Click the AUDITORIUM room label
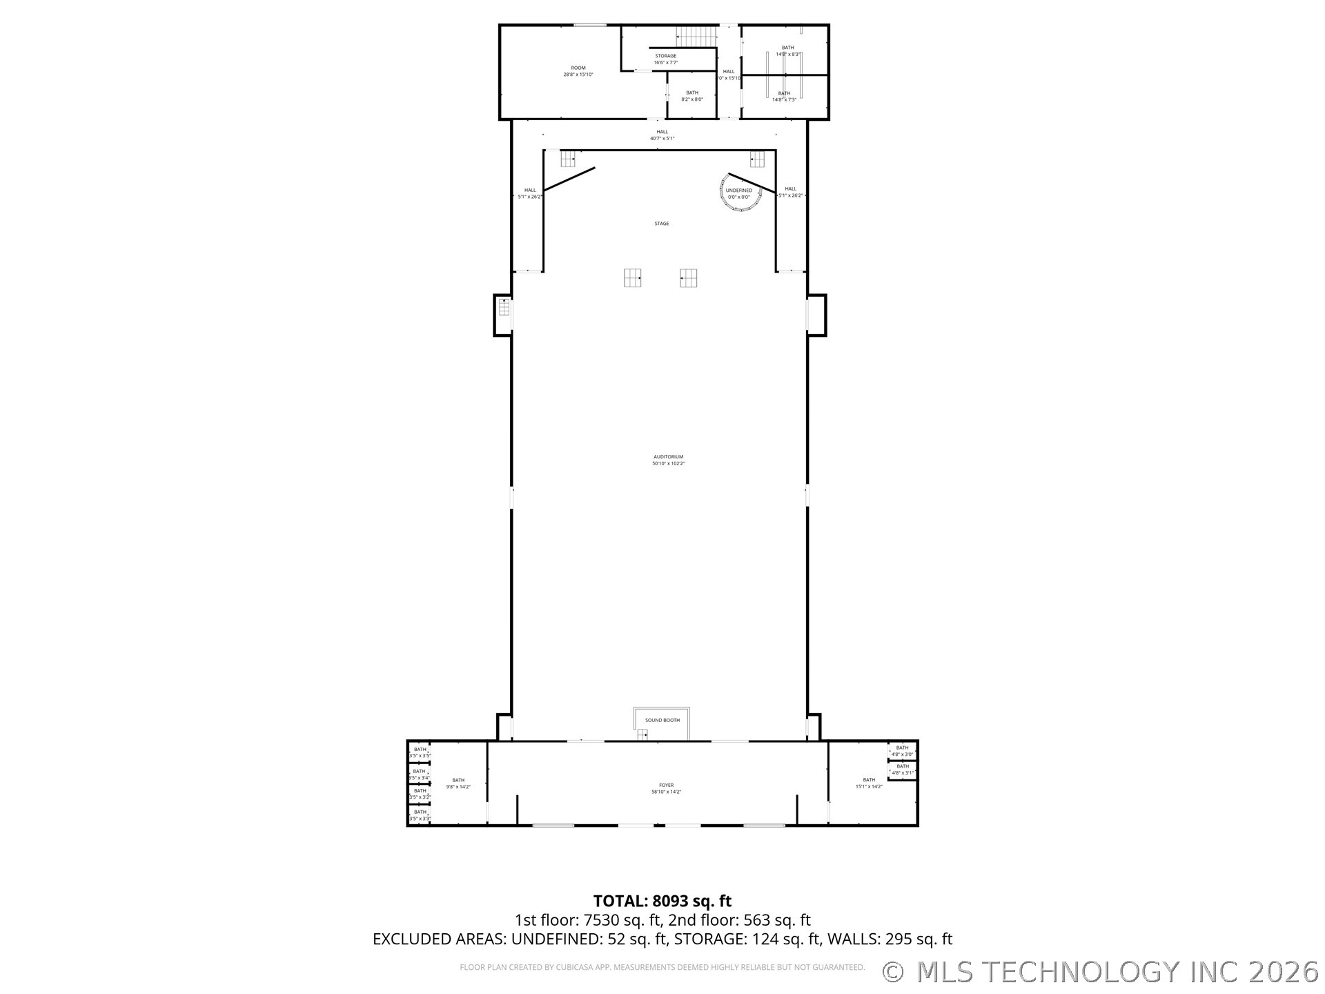point(668,457)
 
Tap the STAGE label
point(661,224)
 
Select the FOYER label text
point(666,786)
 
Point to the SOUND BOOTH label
point(662,721)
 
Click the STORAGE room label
point(665,57)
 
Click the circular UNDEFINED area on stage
point(741,193)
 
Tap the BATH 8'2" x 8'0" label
point(691,96)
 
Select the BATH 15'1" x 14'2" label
point(868,783)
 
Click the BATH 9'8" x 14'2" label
point(458,783)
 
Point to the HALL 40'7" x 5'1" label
point(662,135)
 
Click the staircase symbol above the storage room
point(696,36)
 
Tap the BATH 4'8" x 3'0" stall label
point(902,751)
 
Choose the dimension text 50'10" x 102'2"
point(668,464)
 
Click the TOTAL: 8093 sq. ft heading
point(662,901)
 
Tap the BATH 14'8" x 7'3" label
point(784,97)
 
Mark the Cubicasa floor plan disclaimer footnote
point(662,968)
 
